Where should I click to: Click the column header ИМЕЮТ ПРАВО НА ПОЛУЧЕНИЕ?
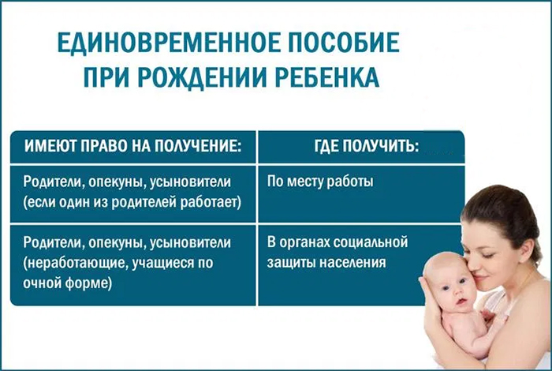tap(133, 146)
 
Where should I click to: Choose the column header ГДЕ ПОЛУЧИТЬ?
tap(367, 146)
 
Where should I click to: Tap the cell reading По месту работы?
tap(320, 182)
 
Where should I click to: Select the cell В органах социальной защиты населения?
tap(338, 253)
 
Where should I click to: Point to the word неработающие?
tap(73, 263)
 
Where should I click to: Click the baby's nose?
tap(455, 292)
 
